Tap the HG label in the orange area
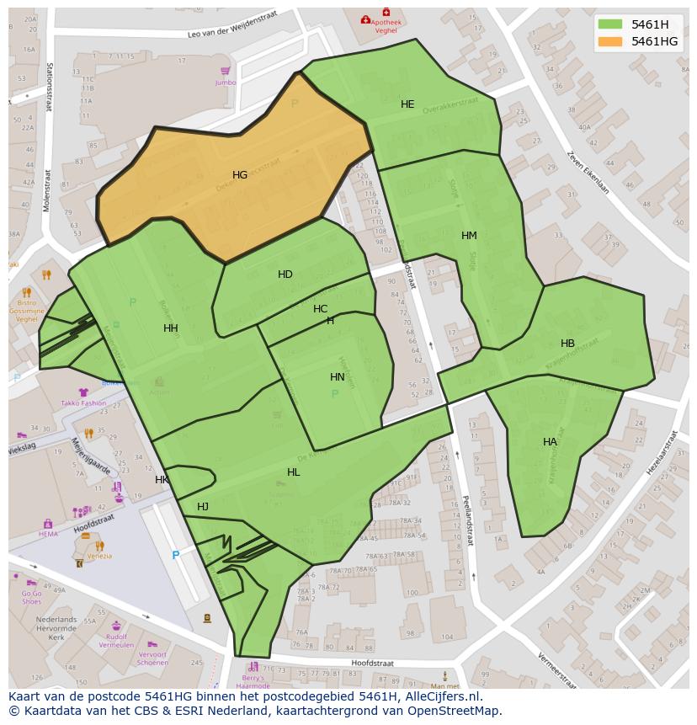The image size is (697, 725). click(240, 175)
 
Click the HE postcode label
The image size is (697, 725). click(407, 104)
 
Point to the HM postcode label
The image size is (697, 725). click(469, 236)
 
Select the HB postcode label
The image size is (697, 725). click(567, 344)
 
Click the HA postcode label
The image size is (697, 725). click(550, 442)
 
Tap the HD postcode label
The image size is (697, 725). click(285, 275)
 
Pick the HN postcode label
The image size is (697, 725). click(338, 377)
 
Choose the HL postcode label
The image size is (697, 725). click(293, 472)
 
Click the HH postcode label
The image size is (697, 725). click(171, 328)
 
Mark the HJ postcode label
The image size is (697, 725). click(203, 507)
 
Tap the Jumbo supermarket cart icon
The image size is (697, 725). click(225, 72)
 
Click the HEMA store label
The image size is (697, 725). click(48, 534)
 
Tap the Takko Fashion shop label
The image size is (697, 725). click(83, 403)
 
